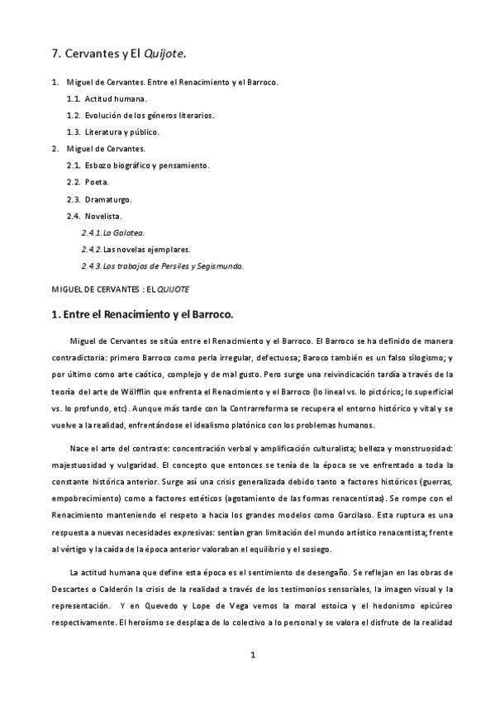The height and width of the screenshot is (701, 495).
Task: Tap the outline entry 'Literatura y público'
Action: click(x=121, y=132)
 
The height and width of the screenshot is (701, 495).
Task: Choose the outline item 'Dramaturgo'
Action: click(x=108, y=199)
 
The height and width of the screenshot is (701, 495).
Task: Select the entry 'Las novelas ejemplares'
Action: click(x=146, y=249)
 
